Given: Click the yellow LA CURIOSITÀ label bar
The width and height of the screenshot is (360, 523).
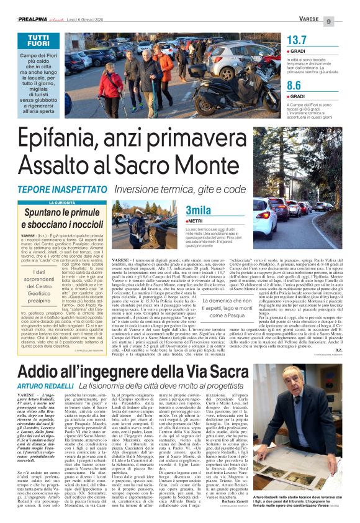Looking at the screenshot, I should pyautogui.click(x=64, y=202).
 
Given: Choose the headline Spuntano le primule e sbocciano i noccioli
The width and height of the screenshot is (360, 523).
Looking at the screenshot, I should pyautogui.click(x=64, y=219).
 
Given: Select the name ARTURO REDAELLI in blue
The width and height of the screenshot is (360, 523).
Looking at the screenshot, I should pyautogui.click(x=44, y=368).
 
